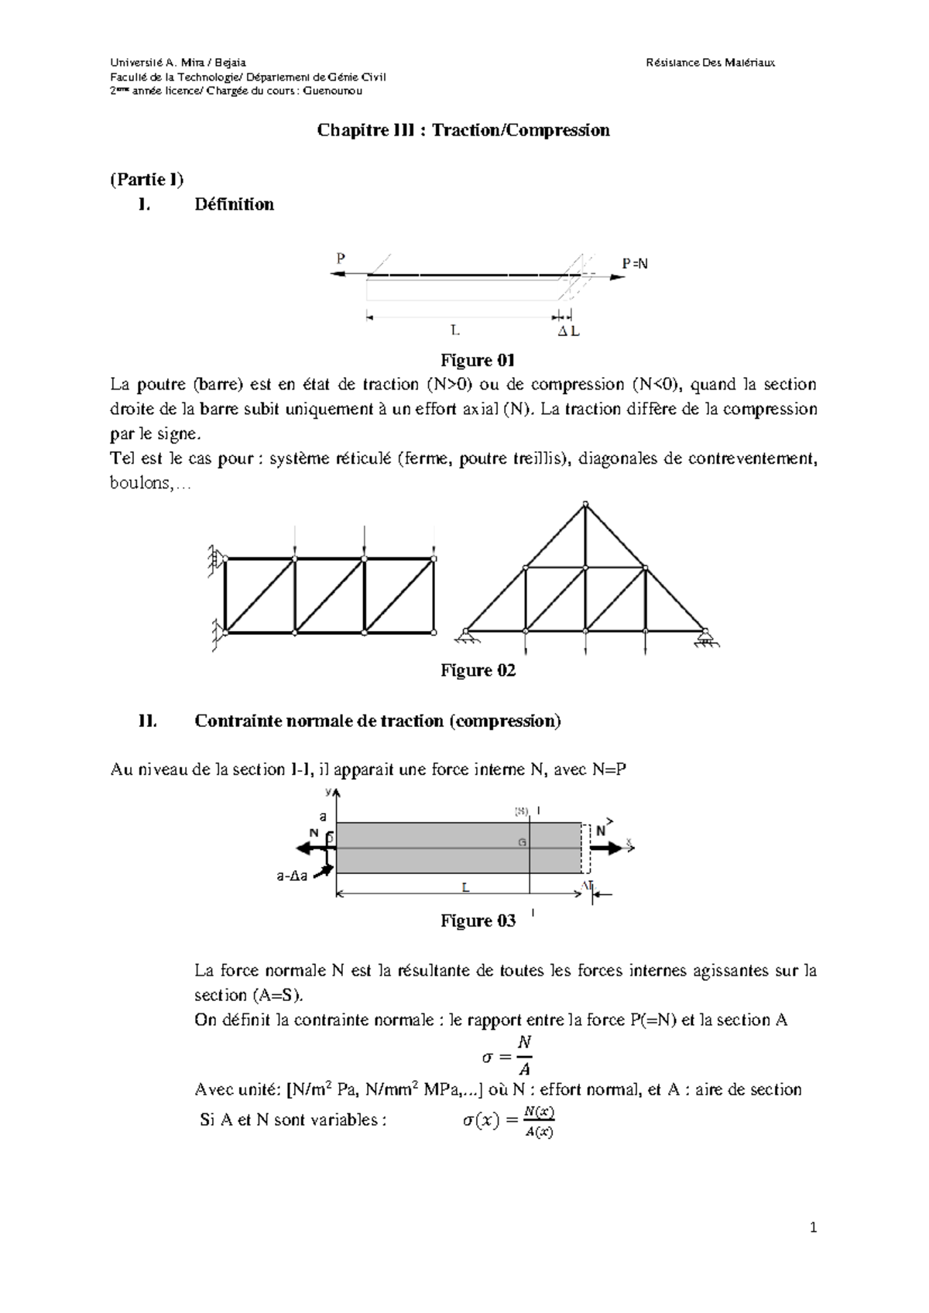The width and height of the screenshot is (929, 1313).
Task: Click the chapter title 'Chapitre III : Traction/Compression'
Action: click(463, 130)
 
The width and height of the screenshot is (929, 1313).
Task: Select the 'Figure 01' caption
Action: click(478, 360)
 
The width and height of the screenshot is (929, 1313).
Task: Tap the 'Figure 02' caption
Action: click(478, 670)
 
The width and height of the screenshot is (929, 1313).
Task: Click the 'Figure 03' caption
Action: click(478, 920)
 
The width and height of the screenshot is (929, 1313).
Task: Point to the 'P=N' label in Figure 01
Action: click(635, 264)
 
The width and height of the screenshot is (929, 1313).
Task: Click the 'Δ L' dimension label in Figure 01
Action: click(569, 332)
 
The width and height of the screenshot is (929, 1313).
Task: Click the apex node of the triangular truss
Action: click(585, 505)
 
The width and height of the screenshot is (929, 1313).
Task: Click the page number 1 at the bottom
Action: click(813, 1227)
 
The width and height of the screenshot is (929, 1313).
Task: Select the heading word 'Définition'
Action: click(234, 204)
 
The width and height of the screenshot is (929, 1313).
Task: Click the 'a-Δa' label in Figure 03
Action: click(292, 877)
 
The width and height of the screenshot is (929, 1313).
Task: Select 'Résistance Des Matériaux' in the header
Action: click(710, 62)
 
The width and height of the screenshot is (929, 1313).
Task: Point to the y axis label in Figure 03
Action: click(328, 792)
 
